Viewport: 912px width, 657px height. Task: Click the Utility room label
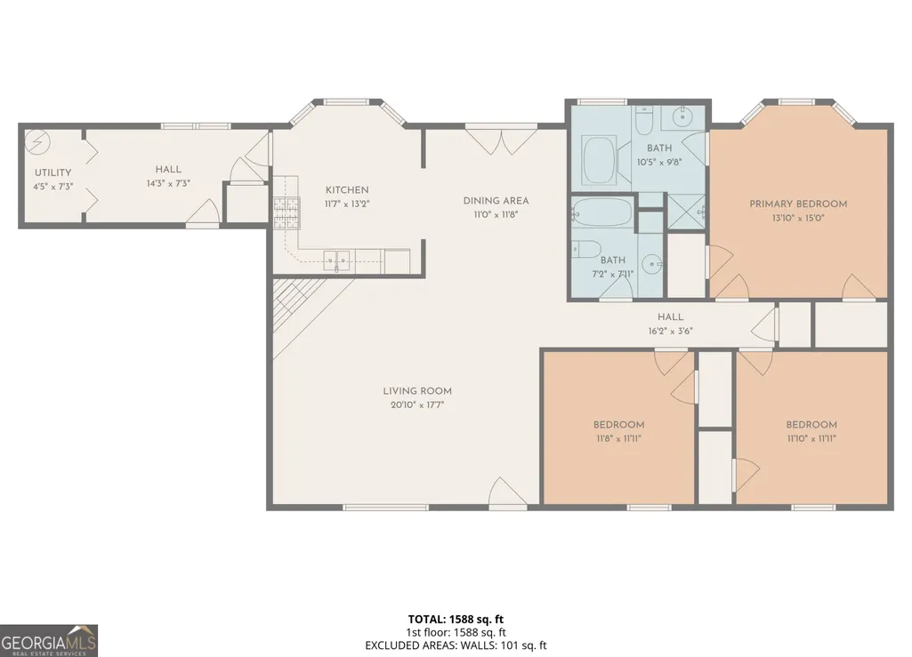[52, 172]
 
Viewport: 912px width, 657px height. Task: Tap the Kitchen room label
[347, 190]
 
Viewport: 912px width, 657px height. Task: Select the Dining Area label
[496, 201]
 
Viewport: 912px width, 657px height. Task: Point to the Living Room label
[417, 391]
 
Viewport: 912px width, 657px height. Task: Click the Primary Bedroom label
[798, 204]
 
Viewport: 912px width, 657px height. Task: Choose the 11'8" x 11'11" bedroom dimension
[618, 438]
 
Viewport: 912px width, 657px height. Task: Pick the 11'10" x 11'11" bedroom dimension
[811, 438]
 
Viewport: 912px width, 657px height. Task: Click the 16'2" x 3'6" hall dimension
[671, 331]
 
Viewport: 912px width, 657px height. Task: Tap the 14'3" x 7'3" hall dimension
[168, 183]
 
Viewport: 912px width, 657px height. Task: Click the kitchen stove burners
[287, 212]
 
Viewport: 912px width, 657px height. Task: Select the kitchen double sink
[336, 260]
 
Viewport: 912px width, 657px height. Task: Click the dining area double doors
[501, 140]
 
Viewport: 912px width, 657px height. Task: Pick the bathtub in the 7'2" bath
[602, 212]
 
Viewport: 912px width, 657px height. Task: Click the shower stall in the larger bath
[686, 212]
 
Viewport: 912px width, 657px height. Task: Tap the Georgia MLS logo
[49, 641]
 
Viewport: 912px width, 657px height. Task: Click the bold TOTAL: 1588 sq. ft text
[456, 619]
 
